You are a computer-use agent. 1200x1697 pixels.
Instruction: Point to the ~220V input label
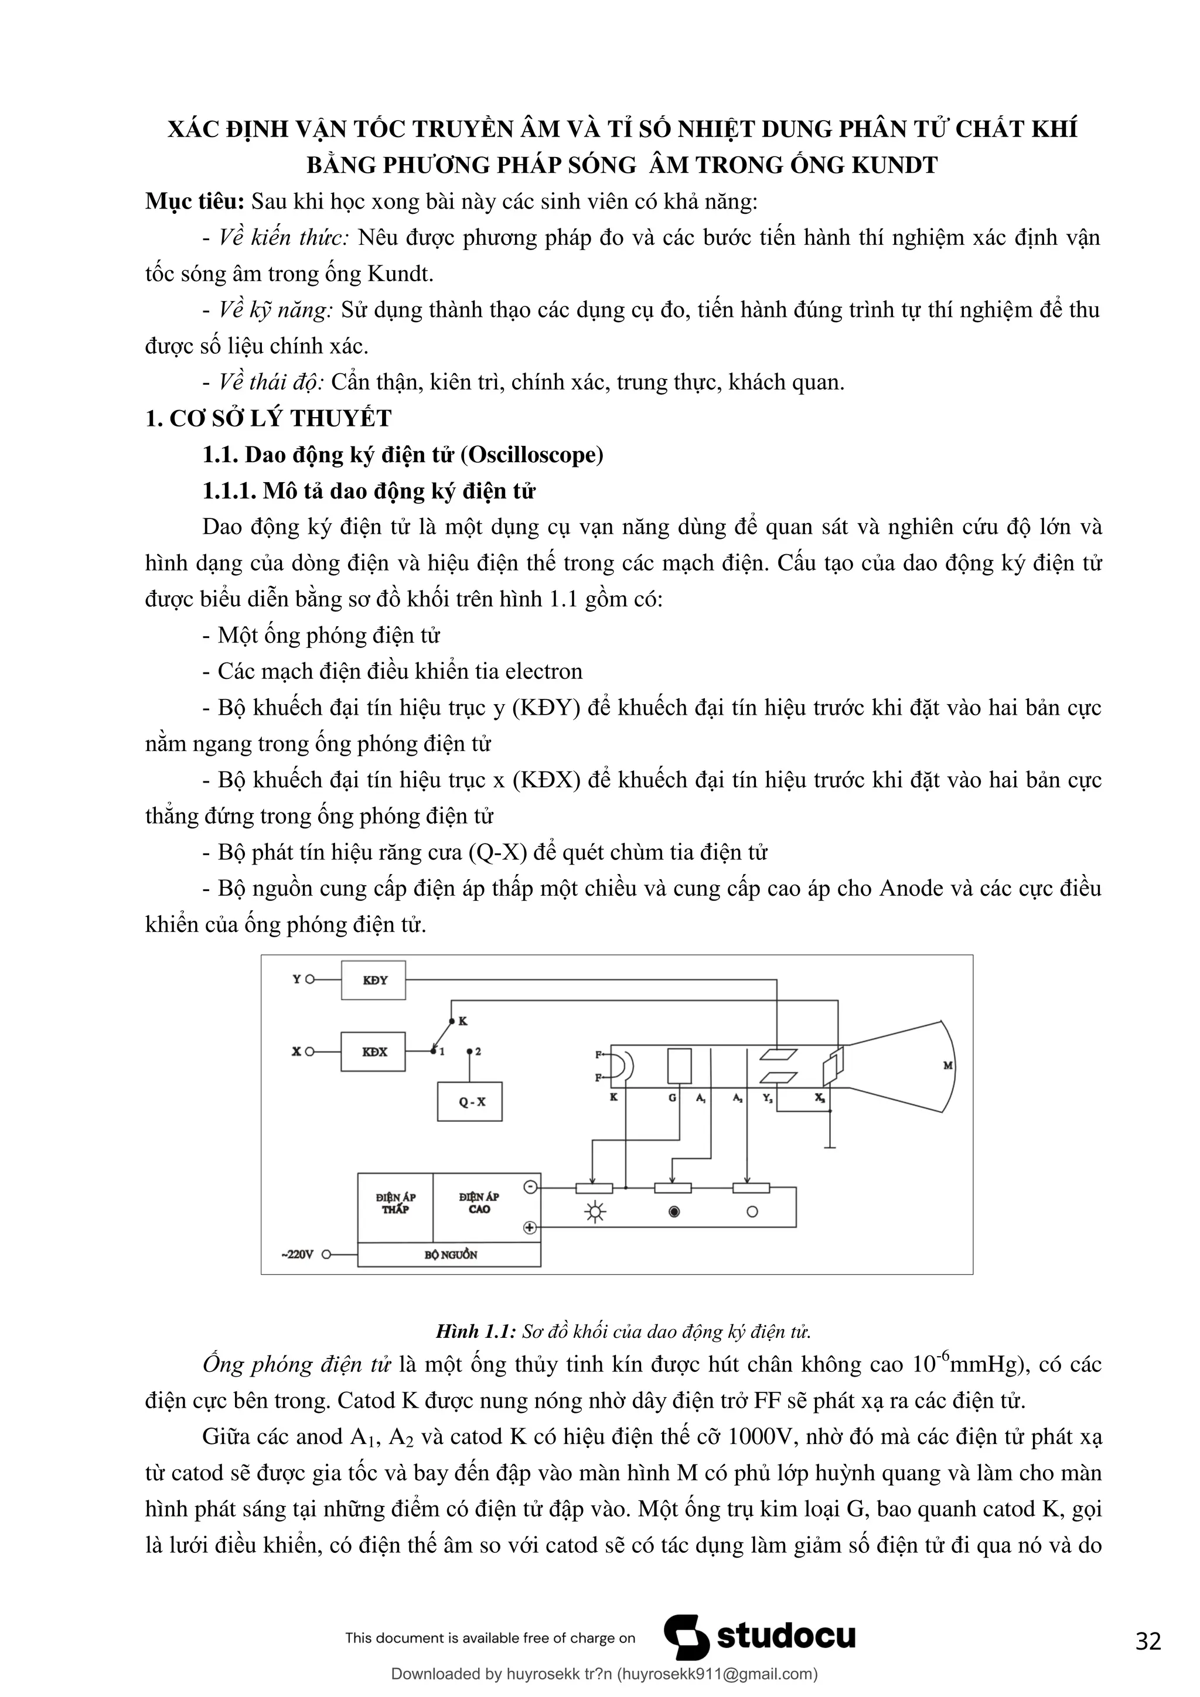pyautogui.click(x=297, y=1254)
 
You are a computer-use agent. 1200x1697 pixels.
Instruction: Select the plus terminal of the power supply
pyautogui.click(x=529, y=1228)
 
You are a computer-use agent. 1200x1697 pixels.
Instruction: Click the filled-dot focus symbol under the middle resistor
pyautogui.click(x=674, y=1212)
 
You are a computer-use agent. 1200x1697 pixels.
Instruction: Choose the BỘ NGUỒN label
pyautogui.click(x=450, y=1255)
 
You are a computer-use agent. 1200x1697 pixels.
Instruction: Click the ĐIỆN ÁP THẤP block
pyautogui.click(x=396, y=1203)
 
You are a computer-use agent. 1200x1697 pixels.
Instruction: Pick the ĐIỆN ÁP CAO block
pyautogui.click(x=479, y=1203)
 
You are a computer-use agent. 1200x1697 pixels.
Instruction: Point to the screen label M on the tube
pyautogui.click(x=949, y=1066)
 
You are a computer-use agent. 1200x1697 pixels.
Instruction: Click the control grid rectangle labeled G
pyautogui.click(x=679, y=1066)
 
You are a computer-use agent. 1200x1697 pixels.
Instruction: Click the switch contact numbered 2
pyautogui.click(x=471, y=1050)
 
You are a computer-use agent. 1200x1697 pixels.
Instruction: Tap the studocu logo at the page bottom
pyautogui.click(x=760, y=1637)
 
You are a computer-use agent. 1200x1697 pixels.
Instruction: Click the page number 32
pyautogui.click(x=1148, y=1641)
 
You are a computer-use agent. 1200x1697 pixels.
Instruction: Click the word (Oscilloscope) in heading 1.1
pyautogui.click(x=531, y=455)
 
